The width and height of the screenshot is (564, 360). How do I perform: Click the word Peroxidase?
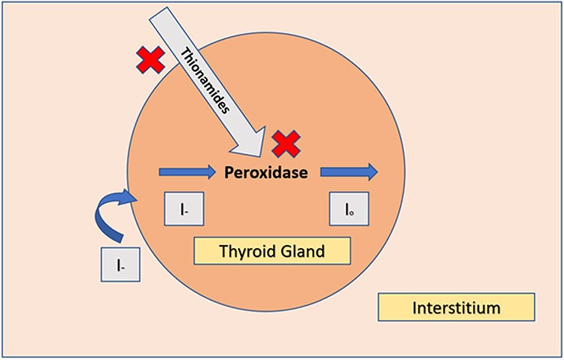[266, 173]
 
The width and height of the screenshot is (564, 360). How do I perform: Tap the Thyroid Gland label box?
[272, 251]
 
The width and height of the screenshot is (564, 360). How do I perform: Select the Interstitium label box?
[456, 307]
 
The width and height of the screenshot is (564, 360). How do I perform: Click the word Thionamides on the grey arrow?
[205, 81]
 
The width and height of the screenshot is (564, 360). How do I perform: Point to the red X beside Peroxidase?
[286, 144]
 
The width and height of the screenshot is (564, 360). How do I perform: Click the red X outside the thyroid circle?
[150, 60]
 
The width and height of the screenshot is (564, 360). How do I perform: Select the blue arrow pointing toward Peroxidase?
[187, 173]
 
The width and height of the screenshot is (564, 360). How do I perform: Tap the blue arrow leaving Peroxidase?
[349, 172]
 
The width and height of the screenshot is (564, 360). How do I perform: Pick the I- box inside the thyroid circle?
[184, 209]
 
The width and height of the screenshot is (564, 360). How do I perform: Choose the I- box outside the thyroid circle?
[120, 265]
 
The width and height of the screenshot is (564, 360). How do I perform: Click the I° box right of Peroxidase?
[349, 209]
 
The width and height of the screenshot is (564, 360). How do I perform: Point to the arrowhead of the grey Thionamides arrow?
[259, 156]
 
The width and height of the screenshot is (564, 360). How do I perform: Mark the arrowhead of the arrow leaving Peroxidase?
[378, 172]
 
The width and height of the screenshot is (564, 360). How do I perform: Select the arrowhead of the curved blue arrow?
[137, 197]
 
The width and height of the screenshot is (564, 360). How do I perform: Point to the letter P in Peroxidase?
[229, 173]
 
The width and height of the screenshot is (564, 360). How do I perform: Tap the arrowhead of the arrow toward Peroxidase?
[215, 173]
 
